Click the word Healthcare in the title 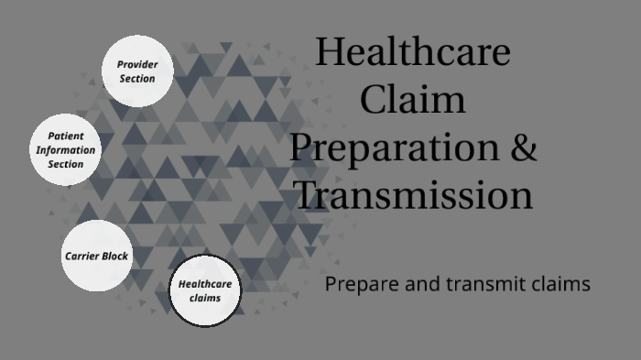click(412, 51)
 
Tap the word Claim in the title click(412, 99)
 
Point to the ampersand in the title click(522, 147)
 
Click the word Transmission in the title click(412, 195)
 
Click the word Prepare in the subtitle click(358, 285)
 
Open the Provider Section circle click(136, 71)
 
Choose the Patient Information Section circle click(65, 149)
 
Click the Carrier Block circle click(95, 256)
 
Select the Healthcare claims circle click(204, 290)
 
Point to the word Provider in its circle click(136, 64)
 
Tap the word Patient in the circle click(65, 136)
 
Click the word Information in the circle click(65, 150)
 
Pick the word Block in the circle click(115, 256)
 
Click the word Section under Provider click(136, 79)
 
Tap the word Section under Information click(65, 164)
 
